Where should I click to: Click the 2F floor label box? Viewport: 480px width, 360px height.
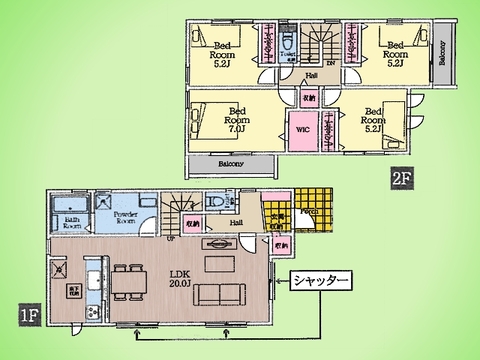pos(401,181)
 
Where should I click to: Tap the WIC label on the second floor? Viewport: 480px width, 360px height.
pos(303,131)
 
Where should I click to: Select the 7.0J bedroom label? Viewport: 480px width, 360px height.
pos(238,121)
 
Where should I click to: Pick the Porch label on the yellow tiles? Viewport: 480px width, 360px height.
pos(308,211)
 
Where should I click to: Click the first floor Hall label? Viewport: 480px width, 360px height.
pos(236,223)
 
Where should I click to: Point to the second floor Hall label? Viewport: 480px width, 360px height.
pos(312,76)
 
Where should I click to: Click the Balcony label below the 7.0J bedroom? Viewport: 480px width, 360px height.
pos(230,164)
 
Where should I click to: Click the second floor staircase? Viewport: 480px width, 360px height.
pos(320,45)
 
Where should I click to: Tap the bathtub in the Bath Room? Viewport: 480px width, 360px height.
pos(72,207)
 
